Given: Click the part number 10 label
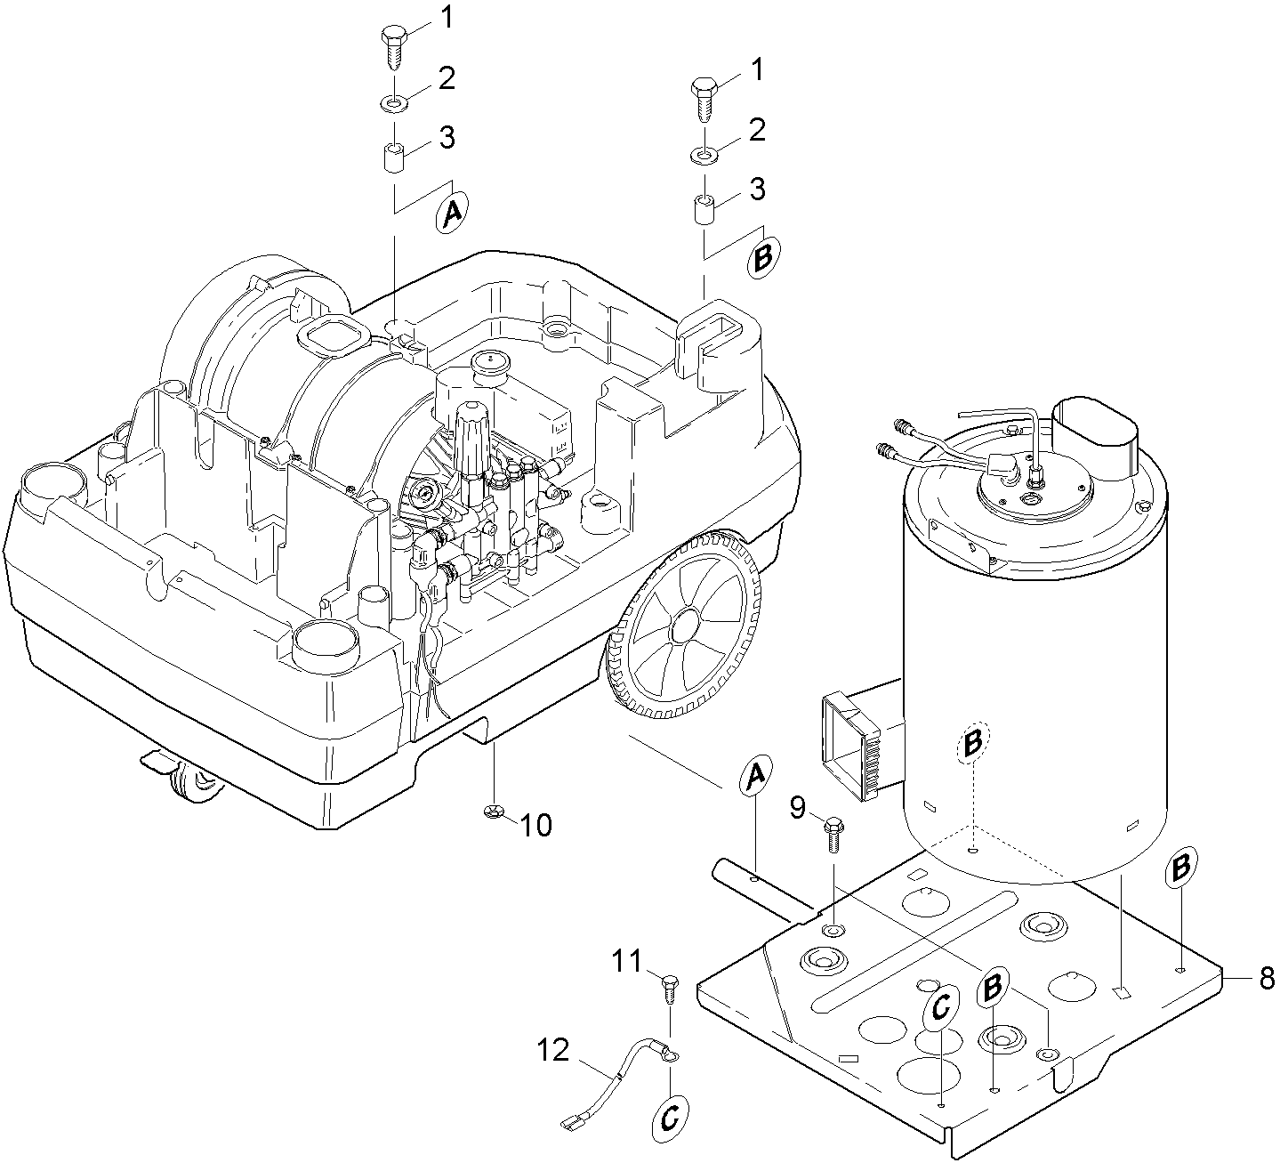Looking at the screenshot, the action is (536, 826).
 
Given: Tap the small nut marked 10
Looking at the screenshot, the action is (494, 812).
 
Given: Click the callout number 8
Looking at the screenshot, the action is (1267, 978).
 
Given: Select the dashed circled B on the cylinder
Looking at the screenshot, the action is (972, 742).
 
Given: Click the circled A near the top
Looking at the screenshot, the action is (452, 213).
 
